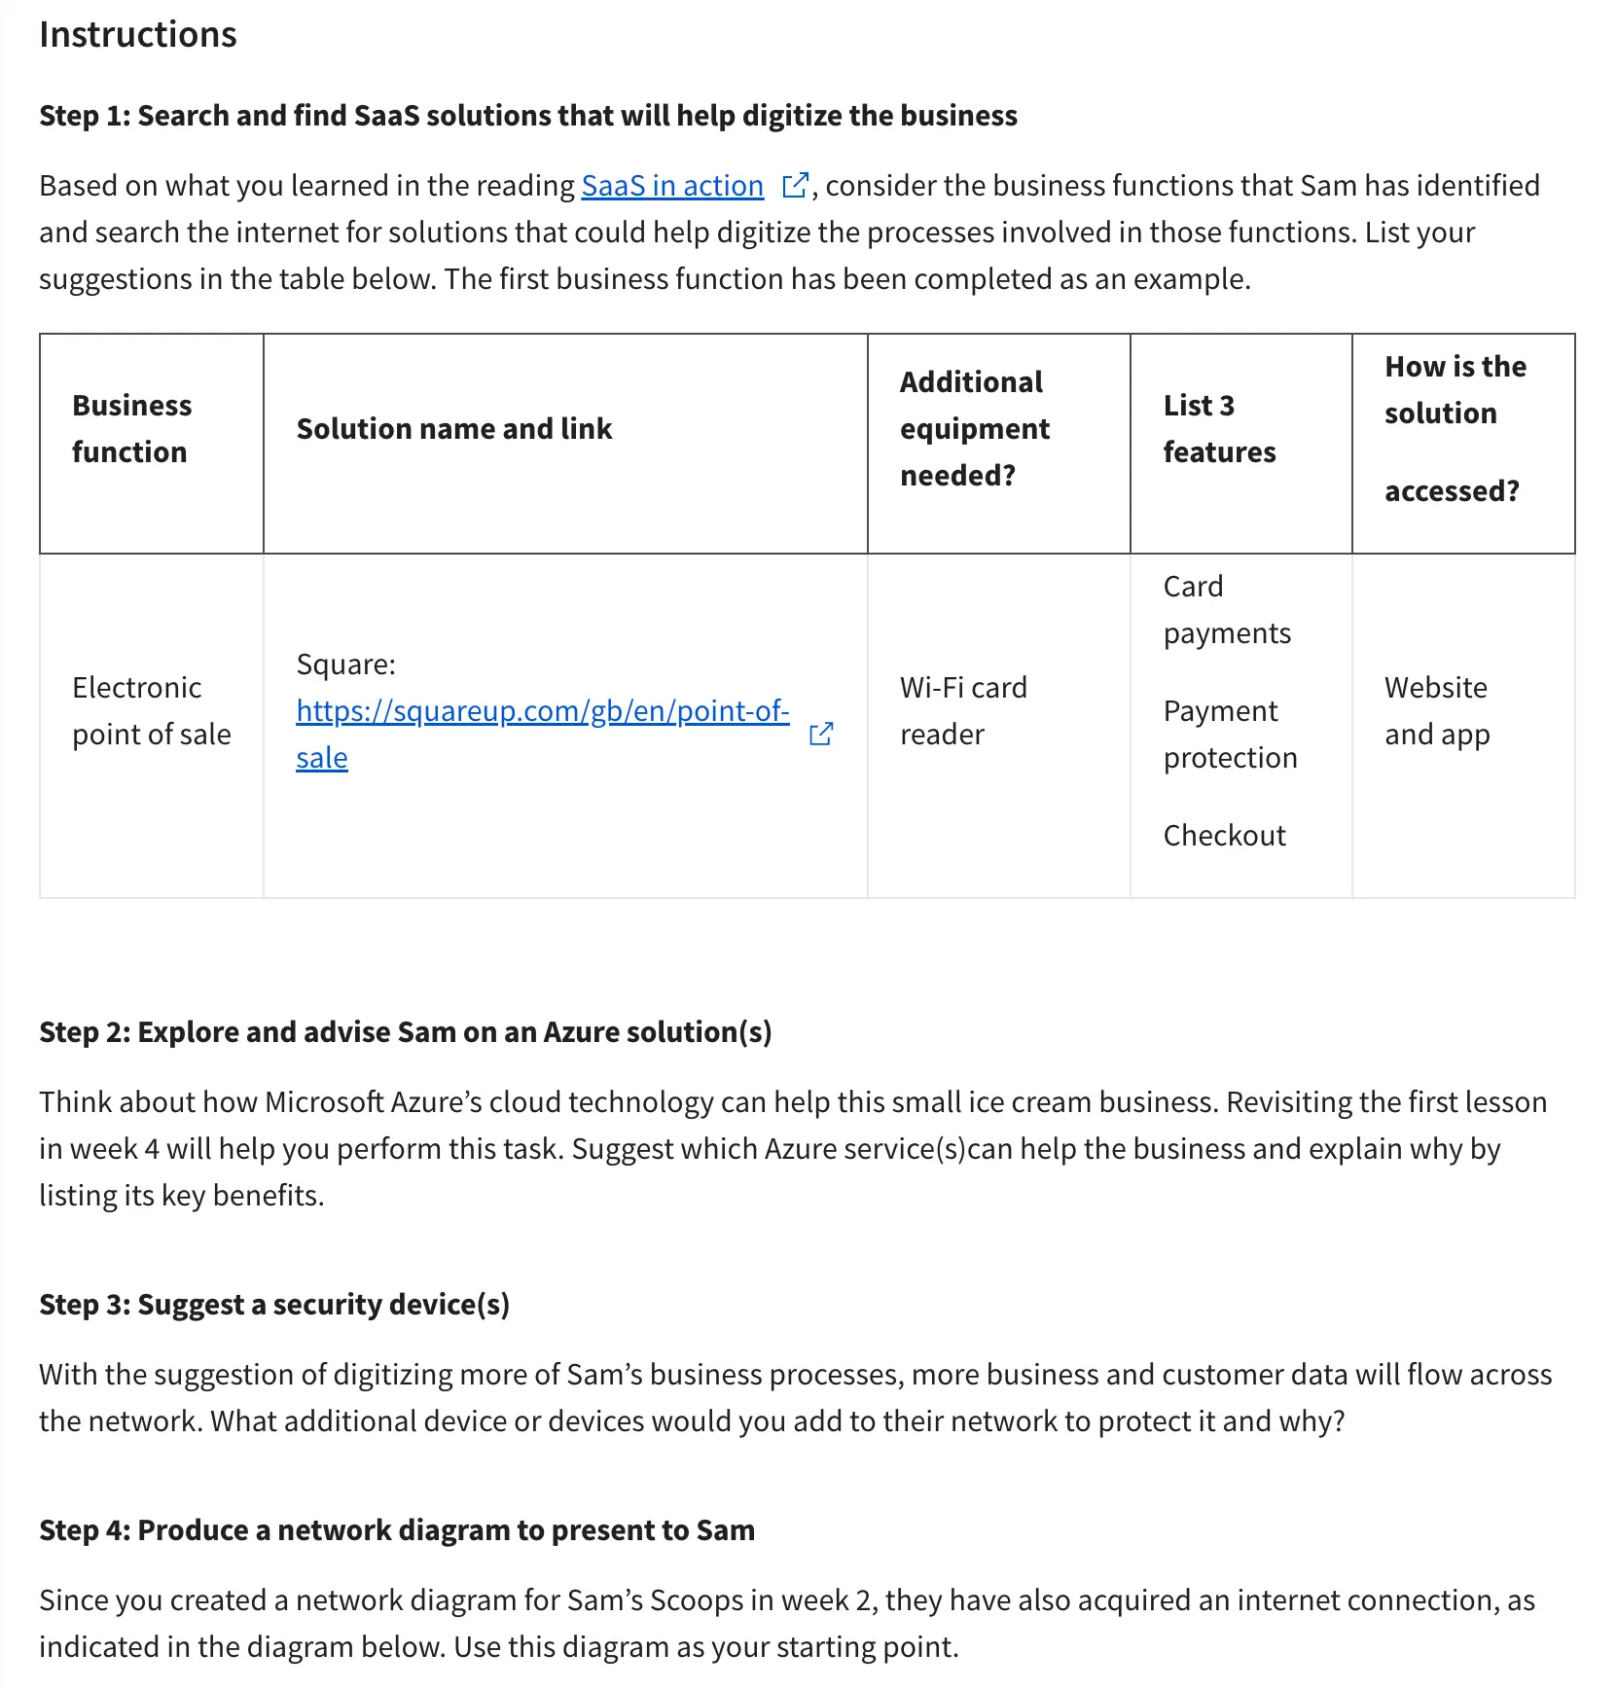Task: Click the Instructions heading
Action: pyautogui.click(x=137, y=35)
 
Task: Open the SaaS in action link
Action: pyautogui.click(x=672, y=186)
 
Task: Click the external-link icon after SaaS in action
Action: pyautogui.click(x=795, y=185)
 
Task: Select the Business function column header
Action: pyautogui.click(x=131, y=429)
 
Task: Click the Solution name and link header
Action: pyautogui.click(x=453, y=429)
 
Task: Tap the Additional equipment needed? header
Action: pyautogui.click(x=974, y=429)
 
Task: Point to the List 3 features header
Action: pyautogui.click(x=1219, y=429)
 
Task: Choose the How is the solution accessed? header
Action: pyautogui.click(x=1455, y=429)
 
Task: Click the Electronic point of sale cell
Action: pyautogui.click(x=151, y=711)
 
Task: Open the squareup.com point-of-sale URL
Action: pyautogui.click(x=542, y=712)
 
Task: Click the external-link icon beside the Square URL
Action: pyautogui.click(x=821, y=734)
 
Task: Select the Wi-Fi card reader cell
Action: pyautogui.click(x=962, y=711)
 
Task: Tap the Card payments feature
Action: pyautogui.click(x=1226, y=610)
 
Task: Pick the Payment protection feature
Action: pyautogui.click(x=1230, y=735)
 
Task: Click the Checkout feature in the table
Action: pyautogui.click(x=1224, y=836)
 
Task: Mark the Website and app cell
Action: pyautogui.click(x=1436, y=711)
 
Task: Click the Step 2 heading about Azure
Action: pyautogui.click(x=405, y=1032)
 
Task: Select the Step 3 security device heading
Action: pyautogui.click(x=273, y=1305)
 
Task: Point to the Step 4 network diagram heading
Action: pyautogui.click(x=396, y=1530)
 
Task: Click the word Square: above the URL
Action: pyautogui.click(x=345, y=665)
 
